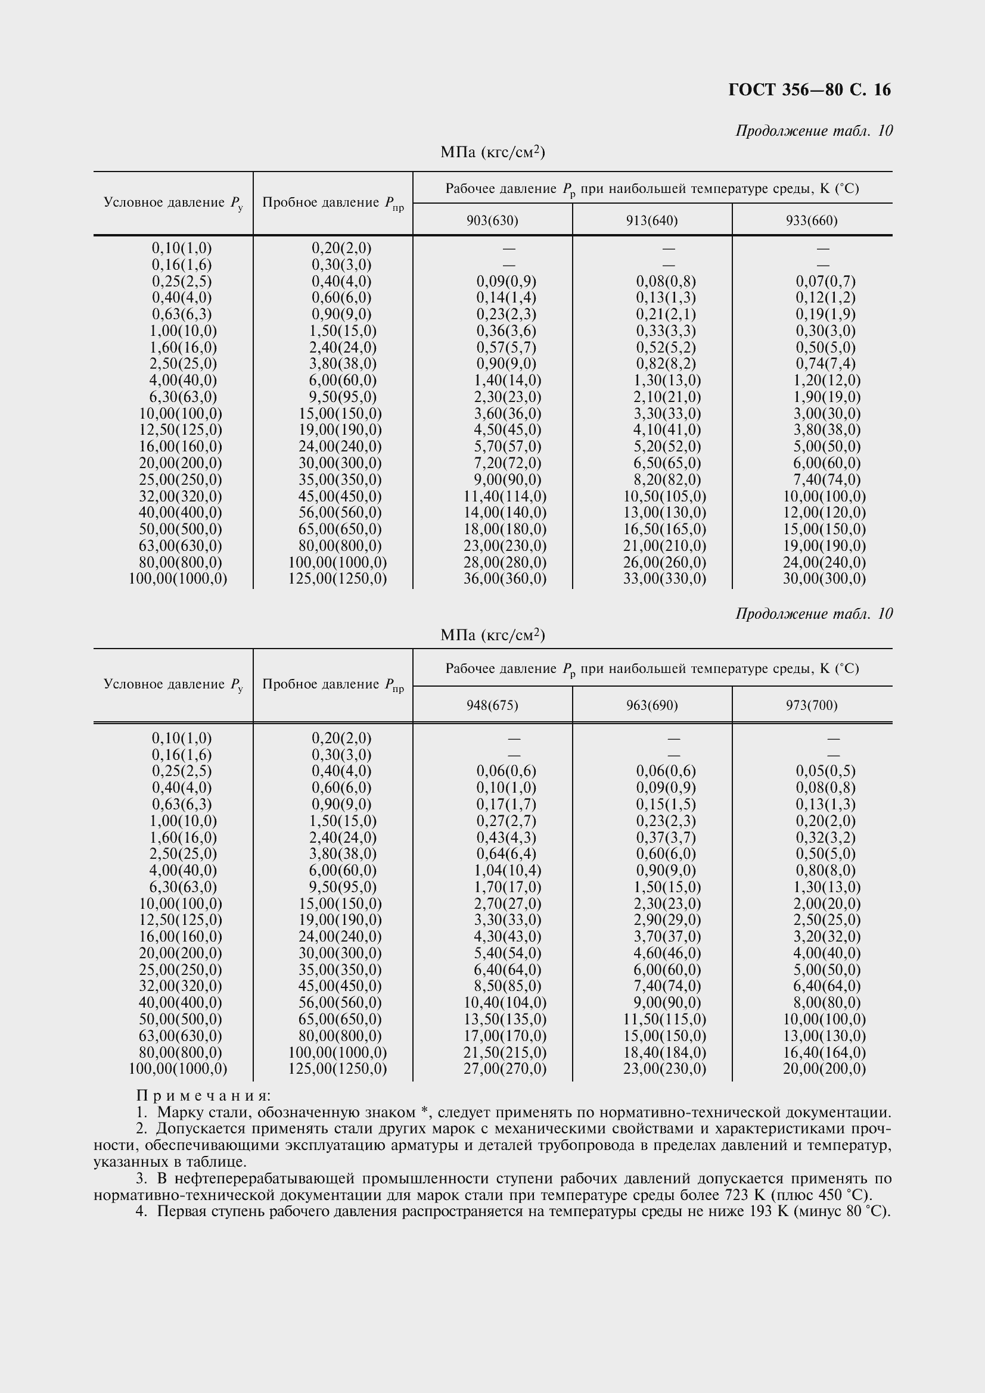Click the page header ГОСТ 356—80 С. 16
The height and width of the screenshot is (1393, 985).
click(809, 90)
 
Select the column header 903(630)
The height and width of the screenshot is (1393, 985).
click(492, 220)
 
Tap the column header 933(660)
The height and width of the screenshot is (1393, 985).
click(812, 220)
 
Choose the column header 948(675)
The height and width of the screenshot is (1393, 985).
click(492, 705)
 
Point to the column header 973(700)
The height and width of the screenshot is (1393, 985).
click(812, 705)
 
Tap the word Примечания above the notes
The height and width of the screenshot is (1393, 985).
click(203, 1096)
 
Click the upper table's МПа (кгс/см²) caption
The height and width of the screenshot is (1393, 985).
click(492, 152)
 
